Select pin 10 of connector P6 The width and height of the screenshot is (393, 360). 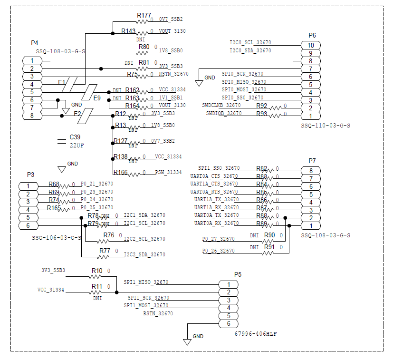[310, 45]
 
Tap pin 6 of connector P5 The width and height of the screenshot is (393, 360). [228, 324]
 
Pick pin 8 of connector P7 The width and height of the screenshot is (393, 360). [311, 171]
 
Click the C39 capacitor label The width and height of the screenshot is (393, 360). [75, 137]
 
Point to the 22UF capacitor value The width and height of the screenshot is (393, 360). [77, 145]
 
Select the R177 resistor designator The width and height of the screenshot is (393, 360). [144, 16]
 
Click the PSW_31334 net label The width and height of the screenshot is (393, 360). [168, 173]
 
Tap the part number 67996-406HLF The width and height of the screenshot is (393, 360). [256, 334]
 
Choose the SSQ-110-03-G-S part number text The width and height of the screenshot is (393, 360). [326, 126]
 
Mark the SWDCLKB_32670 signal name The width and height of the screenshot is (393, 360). [221, 105]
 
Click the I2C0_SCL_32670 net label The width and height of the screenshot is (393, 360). [250, 43]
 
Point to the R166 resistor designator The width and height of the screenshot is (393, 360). [120, 172]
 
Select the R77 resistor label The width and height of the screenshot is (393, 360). [105, 251]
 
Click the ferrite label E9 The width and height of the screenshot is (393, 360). [97, 98]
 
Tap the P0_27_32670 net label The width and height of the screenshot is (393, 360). [218, 239]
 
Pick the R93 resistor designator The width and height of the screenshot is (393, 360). [261, 114]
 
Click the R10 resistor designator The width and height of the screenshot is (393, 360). [96, 271]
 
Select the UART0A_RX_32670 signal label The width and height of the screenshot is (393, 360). [216, 223]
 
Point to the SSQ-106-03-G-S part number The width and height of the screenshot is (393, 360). [57, 237]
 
